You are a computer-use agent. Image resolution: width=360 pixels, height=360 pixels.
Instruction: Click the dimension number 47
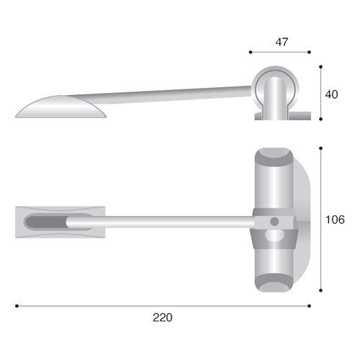pyautogui.click(x=282, y=42)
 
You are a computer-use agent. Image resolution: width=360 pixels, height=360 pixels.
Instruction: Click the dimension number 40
pyautogui.click(x=331, y=94)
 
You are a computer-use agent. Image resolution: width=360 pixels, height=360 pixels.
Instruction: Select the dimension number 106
pyautogui.click(x=335, y=220)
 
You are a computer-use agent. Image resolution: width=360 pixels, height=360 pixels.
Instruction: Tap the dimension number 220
pyautogui.click(x=163, y=318)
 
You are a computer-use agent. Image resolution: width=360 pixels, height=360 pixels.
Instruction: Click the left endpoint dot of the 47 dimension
pyautogui.click(x=251, y=52)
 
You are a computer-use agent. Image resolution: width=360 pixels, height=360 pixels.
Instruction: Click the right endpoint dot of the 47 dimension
pyautogui.click(x=309, y=52)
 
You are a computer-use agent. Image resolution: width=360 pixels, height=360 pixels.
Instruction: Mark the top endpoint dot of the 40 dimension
pyautogui.click(x=321, y=67)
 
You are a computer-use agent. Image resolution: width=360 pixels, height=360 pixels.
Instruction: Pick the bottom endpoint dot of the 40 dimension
pyautogui.click(x=321, y=119)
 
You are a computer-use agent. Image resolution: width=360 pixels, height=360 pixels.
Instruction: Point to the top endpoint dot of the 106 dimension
pyautogui.click(x=321, y=148)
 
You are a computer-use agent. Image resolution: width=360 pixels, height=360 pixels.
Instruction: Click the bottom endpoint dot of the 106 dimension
pyautogui.click(x=321, y=290)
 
